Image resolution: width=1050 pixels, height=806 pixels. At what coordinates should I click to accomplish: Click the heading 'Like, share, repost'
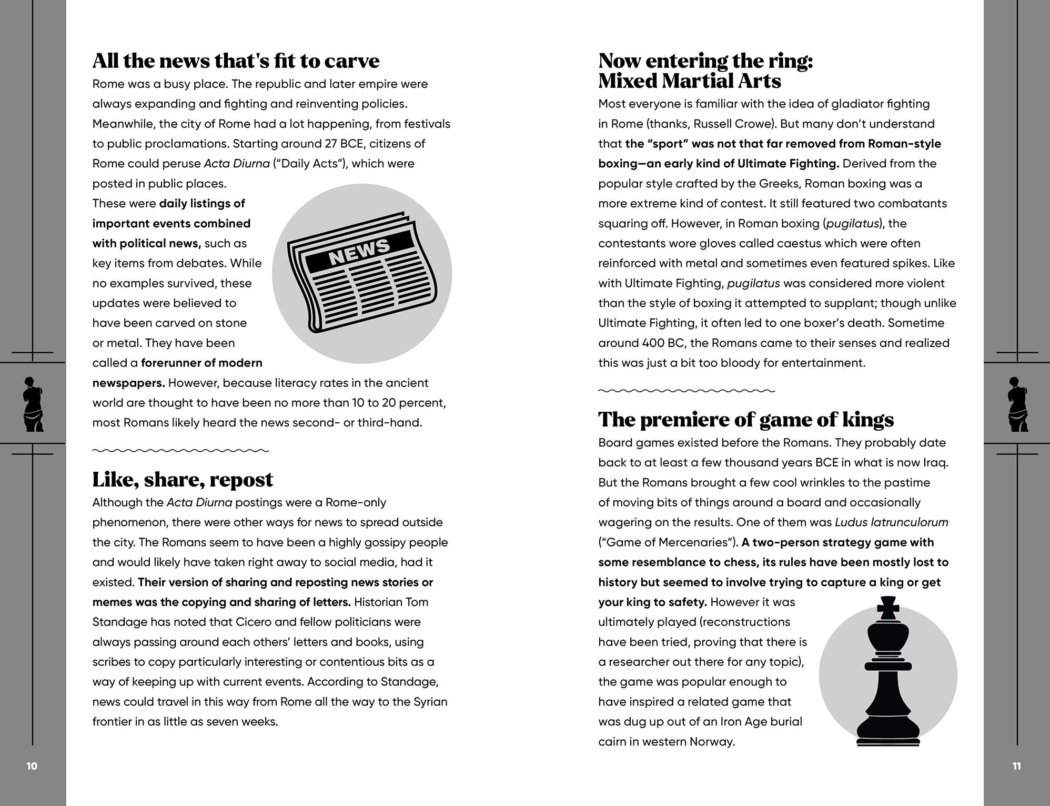[183, 480]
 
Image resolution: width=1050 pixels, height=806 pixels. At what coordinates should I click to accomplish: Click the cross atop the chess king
[889, 608]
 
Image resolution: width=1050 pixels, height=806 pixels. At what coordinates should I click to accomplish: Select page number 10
[32, 766]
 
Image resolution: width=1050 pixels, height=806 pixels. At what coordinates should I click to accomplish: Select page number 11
[1016, 766]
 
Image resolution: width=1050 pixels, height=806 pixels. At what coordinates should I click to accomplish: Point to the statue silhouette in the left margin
[33, 404]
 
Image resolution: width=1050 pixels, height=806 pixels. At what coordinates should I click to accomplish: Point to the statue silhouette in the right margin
[1018, 404]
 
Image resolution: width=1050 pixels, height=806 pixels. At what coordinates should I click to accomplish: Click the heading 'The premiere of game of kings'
[745, 420]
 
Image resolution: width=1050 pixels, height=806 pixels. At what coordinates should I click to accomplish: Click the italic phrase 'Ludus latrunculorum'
[891, 522]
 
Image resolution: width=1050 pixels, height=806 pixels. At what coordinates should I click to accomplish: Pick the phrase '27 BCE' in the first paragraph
[341, 144]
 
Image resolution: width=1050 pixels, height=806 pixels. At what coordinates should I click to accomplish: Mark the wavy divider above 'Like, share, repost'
[180, 451]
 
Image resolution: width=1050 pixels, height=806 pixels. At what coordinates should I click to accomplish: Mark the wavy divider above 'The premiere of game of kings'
[686, 391]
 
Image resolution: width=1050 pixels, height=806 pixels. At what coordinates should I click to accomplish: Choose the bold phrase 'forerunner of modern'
[201, 363]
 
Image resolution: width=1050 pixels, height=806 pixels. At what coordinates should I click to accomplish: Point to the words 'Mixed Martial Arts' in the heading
[689, 81]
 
